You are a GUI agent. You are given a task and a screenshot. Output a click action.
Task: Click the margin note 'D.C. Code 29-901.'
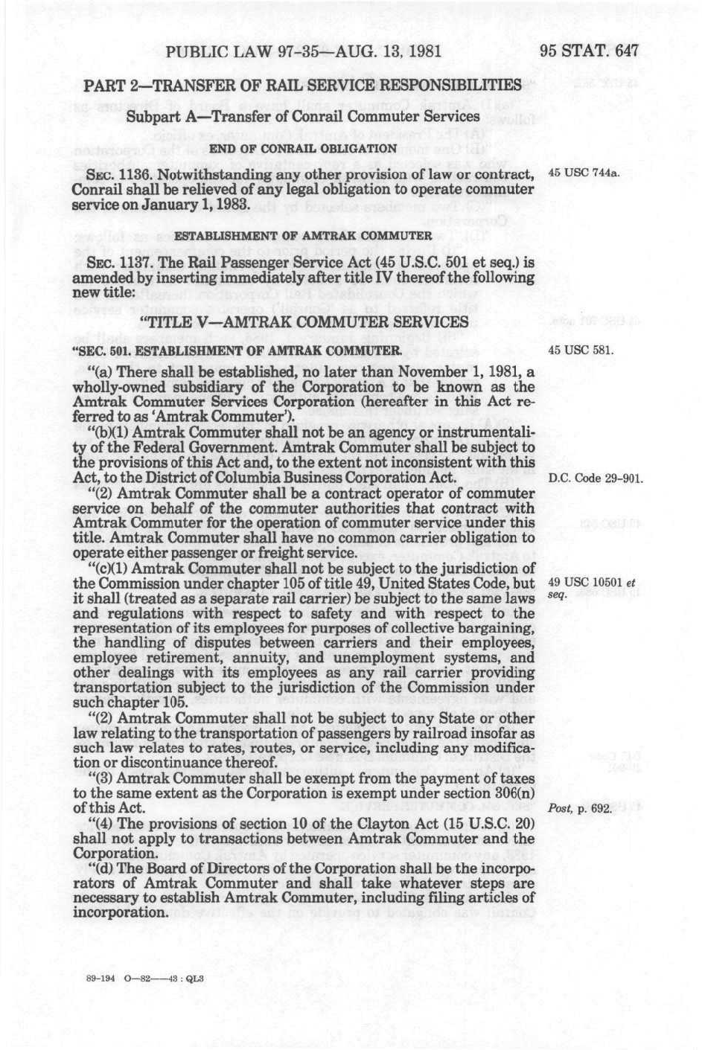click(595, 478)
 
